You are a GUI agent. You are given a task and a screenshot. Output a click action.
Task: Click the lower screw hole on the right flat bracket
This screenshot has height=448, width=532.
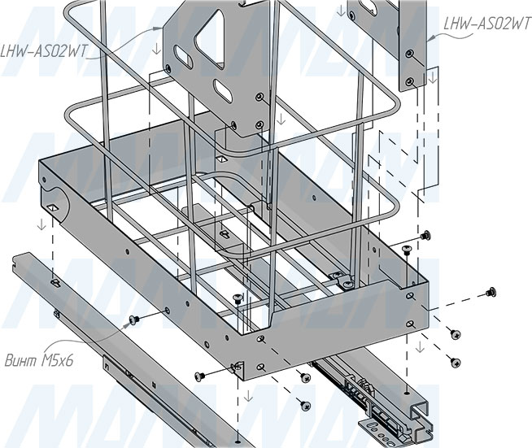click(412, 80)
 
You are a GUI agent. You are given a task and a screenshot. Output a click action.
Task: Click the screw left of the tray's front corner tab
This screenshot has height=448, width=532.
click(200, 376)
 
